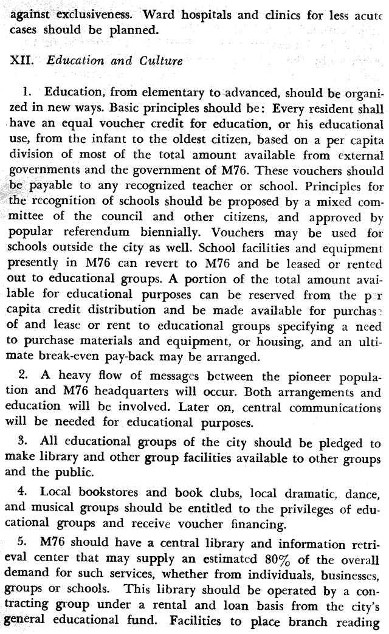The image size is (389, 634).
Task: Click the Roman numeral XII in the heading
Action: click(20, 61)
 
